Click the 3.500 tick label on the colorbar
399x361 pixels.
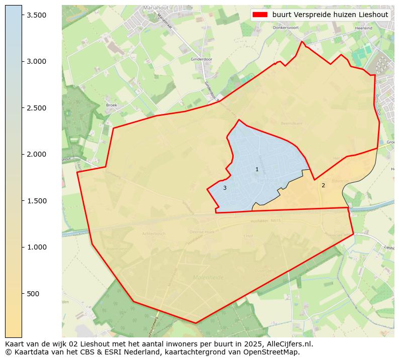(37, 15)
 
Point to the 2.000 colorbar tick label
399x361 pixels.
(37, 154)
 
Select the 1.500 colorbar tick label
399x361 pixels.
(37, 201)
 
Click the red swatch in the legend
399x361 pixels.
(260, 15)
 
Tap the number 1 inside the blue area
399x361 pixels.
(257, 170)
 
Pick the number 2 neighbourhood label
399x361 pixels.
(323, 185)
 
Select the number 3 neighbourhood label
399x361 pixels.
(225, 188)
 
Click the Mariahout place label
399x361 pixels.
(156, 8)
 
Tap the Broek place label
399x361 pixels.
(112, 105)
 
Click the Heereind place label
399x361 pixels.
(363, 28)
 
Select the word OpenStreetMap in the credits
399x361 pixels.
(274, 352)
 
